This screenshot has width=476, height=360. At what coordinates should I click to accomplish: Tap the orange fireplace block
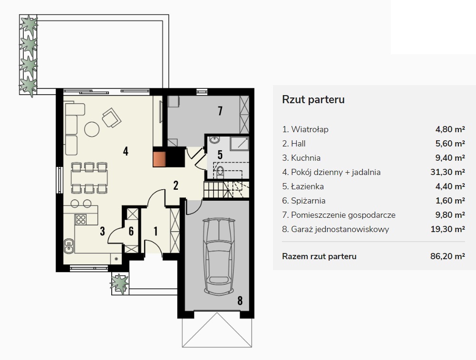click(x=159, y=159)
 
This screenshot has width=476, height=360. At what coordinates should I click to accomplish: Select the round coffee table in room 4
click(x=92, y=129)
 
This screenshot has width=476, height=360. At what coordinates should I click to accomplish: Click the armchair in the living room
click(x=111, y=117)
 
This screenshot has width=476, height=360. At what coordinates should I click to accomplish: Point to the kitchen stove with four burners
click(x=81, y=219)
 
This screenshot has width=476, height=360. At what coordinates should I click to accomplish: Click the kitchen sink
click(x=69, y=246)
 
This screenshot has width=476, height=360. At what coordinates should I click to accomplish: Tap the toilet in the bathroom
click(x=220, y=172)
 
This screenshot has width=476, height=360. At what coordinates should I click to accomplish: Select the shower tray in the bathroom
click(x=239, y=144)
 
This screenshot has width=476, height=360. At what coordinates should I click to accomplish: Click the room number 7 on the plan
click(x=220, y=111)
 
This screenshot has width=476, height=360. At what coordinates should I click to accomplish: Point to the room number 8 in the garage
click(x=240, y=301)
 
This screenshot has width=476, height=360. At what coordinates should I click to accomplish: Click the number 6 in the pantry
click(x=131, y=231)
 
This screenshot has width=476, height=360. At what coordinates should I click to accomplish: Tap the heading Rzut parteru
click(x=313, y=99)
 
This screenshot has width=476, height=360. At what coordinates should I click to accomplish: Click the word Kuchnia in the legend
click(x=306, y=158)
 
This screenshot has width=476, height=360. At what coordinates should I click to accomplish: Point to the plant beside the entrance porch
click(x=120, y=283)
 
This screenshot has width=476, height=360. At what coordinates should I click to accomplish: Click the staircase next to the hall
click(x=225, y=189)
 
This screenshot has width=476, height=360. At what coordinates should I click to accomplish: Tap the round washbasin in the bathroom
click(x=214, y=140)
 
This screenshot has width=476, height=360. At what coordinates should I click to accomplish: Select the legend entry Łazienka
click(x=307, y=186)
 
